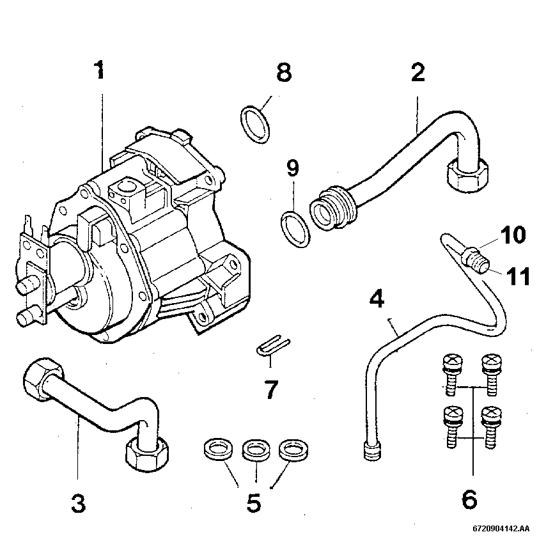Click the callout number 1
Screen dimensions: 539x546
(99, 70)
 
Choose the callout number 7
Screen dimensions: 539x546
(271, 389)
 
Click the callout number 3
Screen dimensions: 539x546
(77, 503)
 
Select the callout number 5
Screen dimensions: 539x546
(254, 503)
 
